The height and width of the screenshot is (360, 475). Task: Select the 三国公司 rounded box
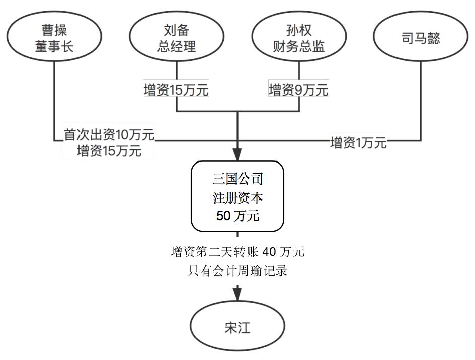point(238,197)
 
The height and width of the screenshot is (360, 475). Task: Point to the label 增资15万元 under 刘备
point(176,91)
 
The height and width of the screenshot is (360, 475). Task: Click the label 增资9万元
point(298,91)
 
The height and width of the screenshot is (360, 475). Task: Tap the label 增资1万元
point(358,143)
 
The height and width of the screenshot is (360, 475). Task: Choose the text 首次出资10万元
point(109,135)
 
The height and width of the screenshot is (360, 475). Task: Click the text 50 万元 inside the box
point(238,216)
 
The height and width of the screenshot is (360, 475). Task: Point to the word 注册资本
point(238,198)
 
